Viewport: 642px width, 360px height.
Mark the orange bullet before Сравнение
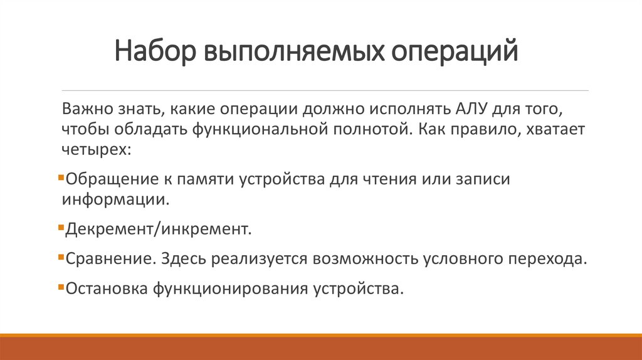60,257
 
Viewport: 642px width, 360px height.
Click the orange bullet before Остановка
60,287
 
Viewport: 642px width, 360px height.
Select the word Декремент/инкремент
158,230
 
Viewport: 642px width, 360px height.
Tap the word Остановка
108,289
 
